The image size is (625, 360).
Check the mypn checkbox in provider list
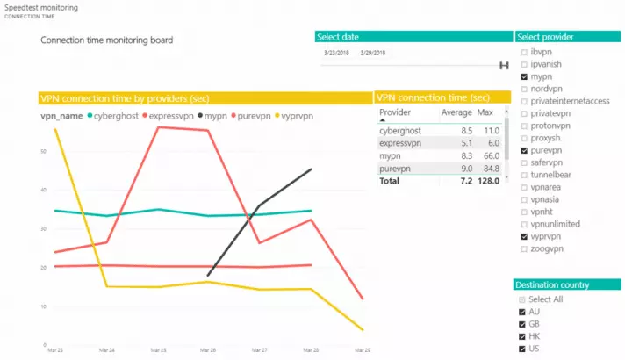(524, 77)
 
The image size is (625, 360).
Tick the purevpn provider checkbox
(524, 151)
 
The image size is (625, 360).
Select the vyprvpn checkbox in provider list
(524, 237)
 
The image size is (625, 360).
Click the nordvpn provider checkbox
(524, 90)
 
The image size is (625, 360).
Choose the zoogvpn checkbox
(524, 249)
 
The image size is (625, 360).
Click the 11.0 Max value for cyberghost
(492, 130)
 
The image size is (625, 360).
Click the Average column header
(456, 112)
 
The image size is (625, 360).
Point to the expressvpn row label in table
(400, 142)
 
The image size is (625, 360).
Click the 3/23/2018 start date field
(336, 52)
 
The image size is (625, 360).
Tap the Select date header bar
(413, 37)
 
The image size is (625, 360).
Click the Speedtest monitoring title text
(41, 7)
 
